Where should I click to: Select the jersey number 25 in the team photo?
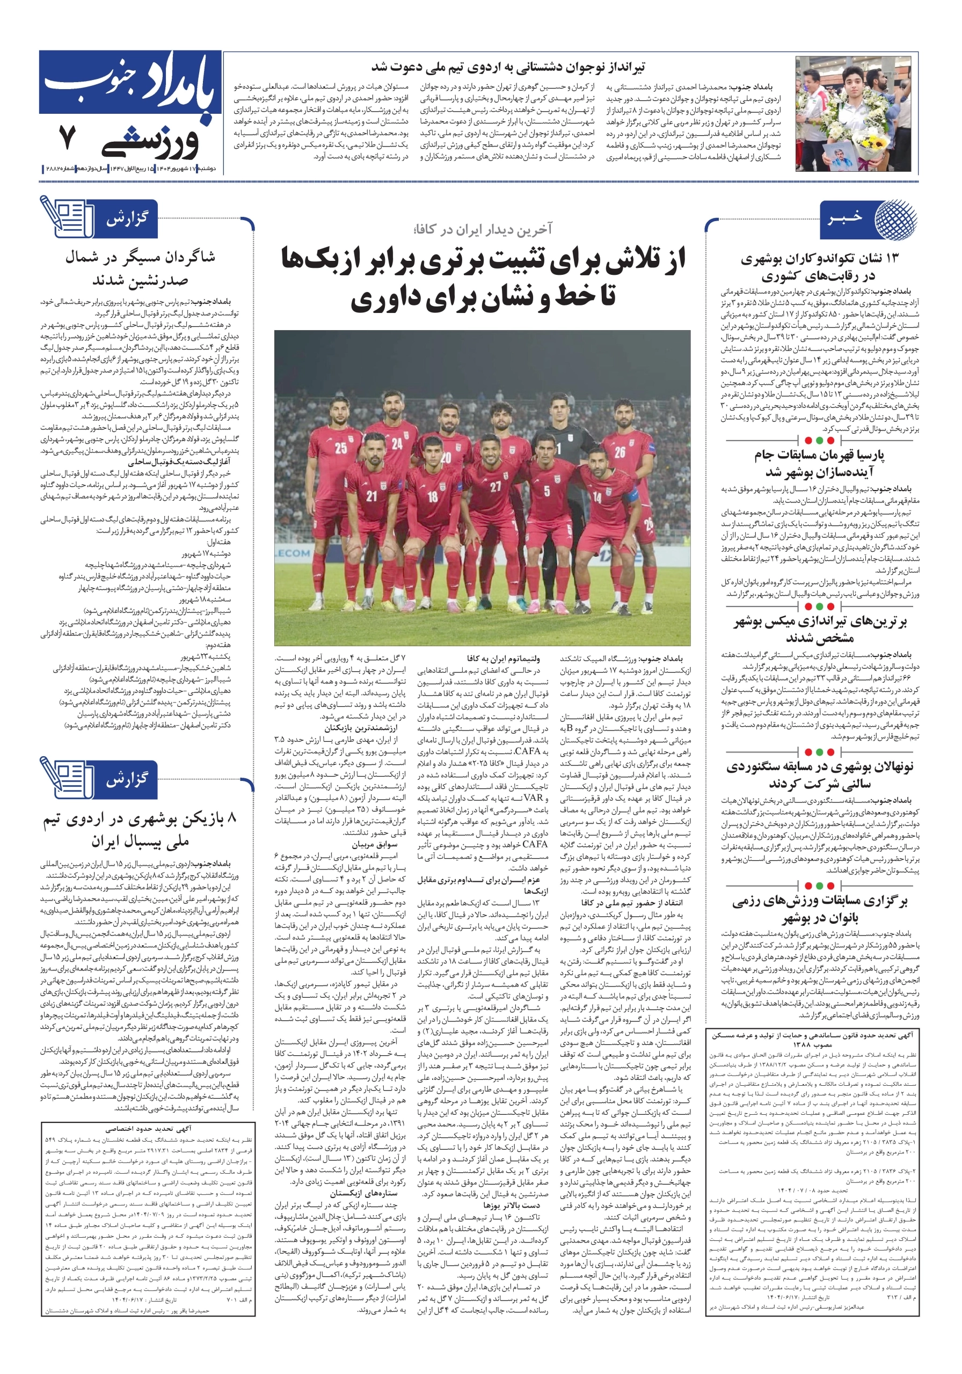[x=341, y=448]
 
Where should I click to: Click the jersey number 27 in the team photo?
[x=495, y=486]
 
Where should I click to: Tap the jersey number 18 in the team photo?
[x=432, y=496]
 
